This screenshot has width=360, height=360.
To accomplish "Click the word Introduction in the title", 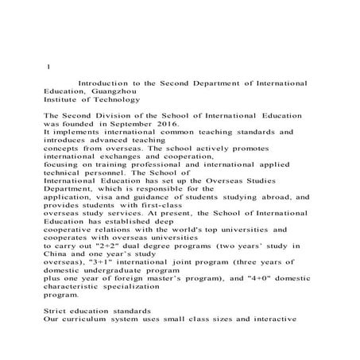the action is (105, 82).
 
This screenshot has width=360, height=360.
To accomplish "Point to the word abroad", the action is (272, 197).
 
